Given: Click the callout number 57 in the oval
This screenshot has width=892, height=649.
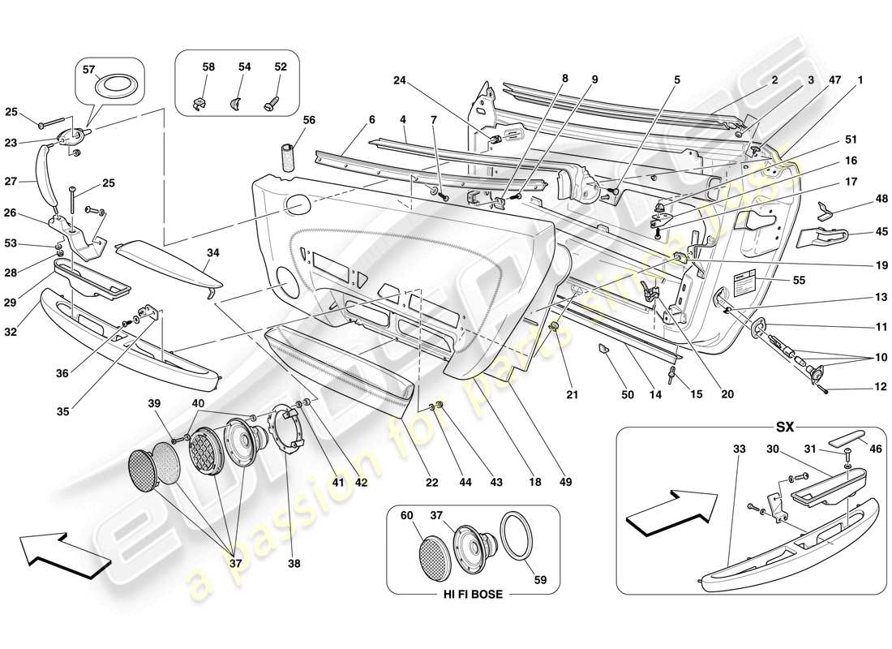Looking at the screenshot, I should tap(88, 71).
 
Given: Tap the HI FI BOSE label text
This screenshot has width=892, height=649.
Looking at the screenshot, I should tap(472, 595).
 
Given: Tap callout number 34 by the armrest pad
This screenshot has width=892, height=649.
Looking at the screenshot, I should tap(212, 254).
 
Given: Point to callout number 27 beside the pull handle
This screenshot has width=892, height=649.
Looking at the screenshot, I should tap(33, 183).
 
